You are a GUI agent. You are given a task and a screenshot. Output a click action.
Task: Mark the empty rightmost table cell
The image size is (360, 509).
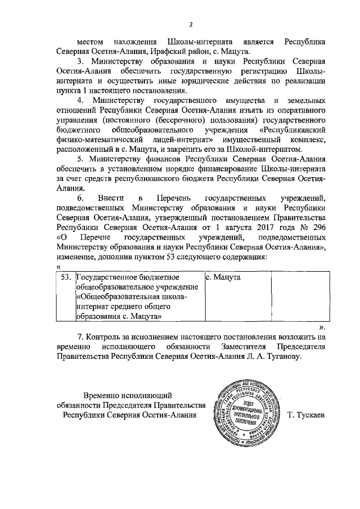point(299,296)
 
